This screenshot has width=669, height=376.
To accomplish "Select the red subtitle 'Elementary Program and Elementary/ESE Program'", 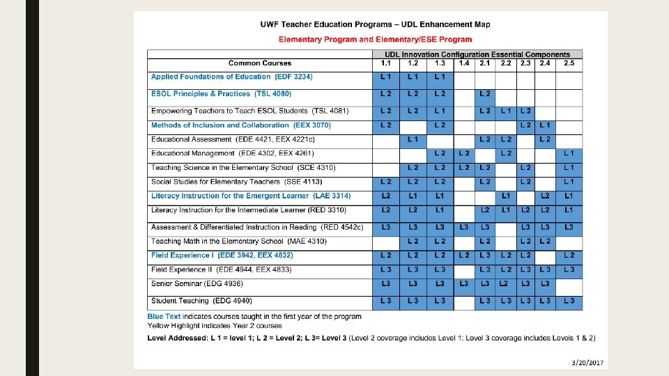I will point(375,39).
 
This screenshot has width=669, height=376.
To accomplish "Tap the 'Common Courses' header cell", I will point(260,63).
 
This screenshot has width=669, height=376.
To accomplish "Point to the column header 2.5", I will point(569,63).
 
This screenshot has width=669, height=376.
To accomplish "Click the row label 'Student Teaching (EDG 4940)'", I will point(201,301).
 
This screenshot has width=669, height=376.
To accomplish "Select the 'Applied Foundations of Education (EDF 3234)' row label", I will point(231,77).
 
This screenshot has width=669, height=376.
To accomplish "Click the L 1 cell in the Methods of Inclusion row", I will point(545,125).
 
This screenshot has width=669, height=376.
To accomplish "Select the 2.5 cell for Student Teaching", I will point(569,301).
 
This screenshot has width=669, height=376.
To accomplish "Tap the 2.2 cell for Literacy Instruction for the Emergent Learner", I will point(507,196).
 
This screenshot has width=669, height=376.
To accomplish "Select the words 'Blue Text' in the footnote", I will point(163,316).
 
